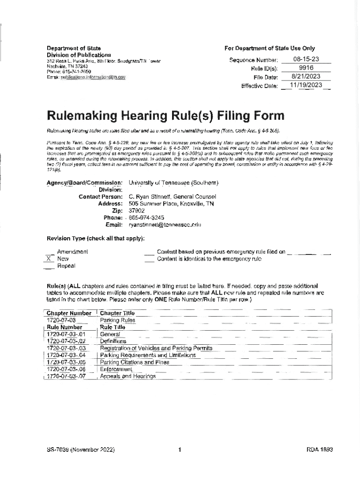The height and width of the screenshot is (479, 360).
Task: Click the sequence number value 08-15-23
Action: tap(306, 59)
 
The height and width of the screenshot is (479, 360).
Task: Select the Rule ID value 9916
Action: tap(306, 68)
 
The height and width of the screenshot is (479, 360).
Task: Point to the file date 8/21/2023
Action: tap(306, 77)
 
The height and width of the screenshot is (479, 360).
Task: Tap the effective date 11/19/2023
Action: tap(306, 85)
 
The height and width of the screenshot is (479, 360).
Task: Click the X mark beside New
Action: tap(48, 259)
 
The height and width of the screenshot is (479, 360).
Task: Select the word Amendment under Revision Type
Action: tap(72, 252)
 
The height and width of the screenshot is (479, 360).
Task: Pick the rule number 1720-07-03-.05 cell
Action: tap(66, 362)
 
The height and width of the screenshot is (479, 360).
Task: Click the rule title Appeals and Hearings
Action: tap(127, 376)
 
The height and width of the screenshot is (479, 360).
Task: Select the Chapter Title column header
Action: tap(117, 313)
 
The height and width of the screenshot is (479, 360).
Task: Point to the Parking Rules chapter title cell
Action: tap(117, 320)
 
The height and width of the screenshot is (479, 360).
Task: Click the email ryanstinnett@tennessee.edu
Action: tap(165, 225)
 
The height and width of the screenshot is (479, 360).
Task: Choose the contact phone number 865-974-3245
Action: tap(146, 218)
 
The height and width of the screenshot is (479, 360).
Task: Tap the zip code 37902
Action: tap(137, 210)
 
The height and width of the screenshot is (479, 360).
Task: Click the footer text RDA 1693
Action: tap(319, 450)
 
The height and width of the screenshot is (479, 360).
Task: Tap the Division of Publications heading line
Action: tap(79, 55)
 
